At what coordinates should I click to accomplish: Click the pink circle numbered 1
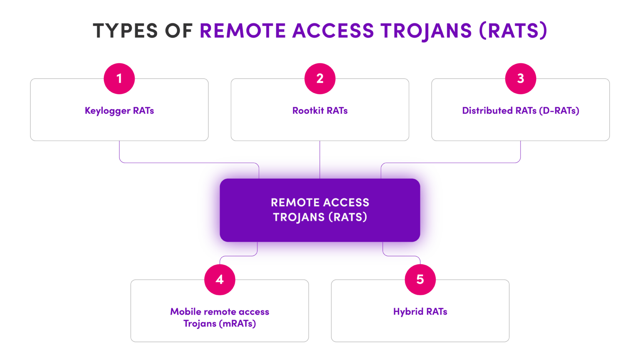click(119, 78)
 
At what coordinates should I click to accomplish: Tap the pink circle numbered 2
click(320, 78)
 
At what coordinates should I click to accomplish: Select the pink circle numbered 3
click(520, 78)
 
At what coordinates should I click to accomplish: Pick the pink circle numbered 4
click(220, 279)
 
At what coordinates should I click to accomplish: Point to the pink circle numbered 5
click(420, 279)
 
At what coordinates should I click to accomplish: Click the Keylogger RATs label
click(119, 110)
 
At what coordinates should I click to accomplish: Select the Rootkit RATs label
click(320, 110)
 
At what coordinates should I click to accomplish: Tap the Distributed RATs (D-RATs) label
click(520, 110)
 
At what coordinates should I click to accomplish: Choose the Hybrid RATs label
click(420, 312)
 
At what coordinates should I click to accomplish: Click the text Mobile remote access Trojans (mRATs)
click(220, 317)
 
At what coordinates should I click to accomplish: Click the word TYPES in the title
click(125, 31)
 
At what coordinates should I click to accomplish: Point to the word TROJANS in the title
click(425, 31)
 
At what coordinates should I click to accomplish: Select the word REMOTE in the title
click(243, 31)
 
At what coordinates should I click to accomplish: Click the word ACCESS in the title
click(333, 31)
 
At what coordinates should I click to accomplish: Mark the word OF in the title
click(178, 31)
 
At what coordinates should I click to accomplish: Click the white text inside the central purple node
click(320, 210)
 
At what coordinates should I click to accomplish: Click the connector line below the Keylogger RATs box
click(120, 152)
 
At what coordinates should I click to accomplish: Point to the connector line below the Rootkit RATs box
click(320, 148)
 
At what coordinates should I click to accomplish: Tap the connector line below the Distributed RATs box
click(520, 152)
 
